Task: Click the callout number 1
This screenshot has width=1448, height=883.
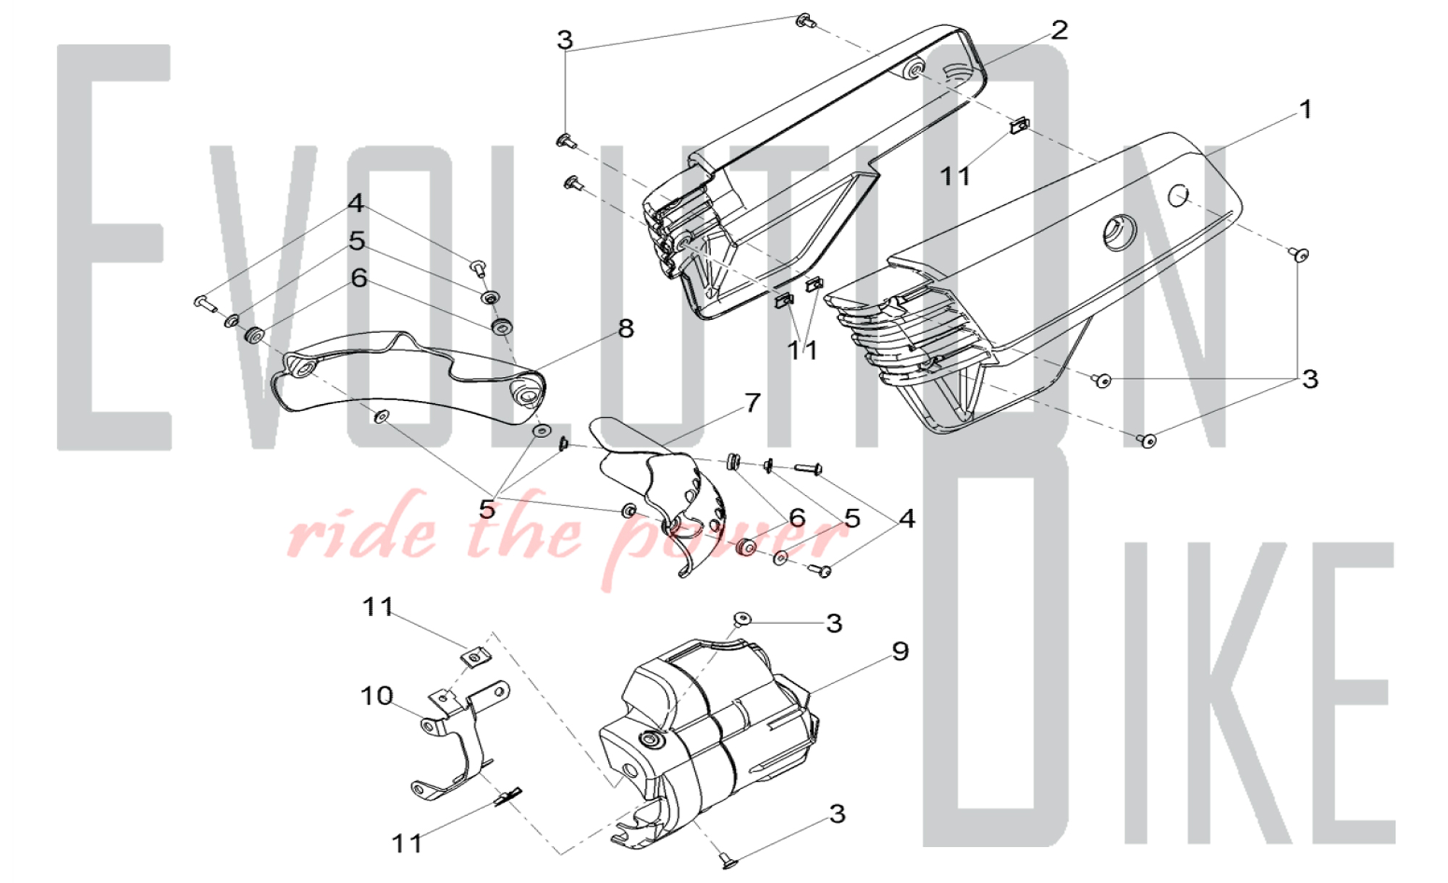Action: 1305,110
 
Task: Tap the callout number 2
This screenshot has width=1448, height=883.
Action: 1059,30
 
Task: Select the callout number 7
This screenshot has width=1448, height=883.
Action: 753,402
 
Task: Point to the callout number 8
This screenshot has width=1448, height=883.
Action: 626,329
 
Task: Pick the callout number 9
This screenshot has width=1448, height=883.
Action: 900,651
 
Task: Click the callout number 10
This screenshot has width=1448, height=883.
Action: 376,696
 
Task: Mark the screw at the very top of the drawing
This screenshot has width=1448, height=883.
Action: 804,21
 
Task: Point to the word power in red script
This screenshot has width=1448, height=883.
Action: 724,539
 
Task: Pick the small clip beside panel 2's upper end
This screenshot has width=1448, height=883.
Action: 1020,125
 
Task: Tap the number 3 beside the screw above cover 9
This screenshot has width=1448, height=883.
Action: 834,623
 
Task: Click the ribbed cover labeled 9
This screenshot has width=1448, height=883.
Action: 710,738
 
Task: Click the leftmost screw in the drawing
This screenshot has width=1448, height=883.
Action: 205,302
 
